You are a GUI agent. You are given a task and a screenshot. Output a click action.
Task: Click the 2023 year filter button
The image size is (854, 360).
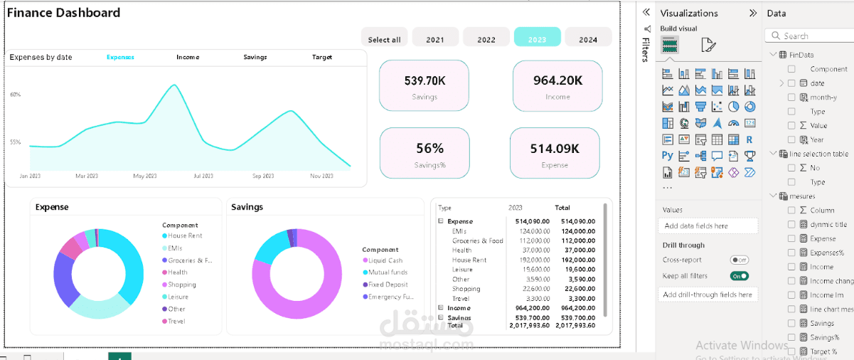coord(537,40)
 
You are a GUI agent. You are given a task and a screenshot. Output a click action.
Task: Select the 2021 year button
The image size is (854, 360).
coord(435,40)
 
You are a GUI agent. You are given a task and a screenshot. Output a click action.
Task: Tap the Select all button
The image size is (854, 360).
coord(384,40)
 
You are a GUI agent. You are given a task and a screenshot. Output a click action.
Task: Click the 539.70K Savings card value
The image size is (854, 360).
coord(425,81)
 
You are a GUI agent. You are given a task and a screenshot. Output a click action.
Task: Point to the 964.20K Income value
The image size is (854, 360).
coord(557,80)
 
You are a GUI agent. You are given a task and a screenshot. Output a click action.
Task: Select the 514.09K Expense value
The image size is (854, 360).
coord(555,149)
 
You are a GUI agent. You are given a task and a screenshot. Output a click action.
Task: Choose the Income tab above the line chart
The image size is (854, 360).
coord(188,57)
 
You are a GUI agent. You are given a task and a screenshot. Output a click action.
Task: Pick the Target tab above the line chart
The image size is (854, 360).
coord(322,57)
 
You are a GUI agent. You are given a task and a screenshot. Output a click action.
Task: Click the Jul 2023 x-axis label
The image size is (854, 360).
coord(203,176)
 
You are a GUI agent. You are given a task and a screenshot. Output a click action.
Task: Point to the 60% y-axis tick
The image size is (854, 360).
coord(16,94)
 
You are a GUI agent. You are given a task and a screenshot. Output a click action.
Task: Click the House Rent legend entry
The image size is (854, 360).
coord(185,235)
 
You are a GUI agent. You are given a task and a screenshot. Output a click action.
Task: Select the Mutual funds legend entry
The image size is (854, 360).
coord(388,272)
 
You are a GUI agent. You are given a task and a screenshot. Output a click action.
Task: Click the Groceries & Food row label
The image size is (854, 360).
coord(477,241)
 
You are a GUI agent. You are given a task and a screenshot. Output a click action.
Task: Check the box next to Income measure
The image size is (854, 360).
coord(792,267)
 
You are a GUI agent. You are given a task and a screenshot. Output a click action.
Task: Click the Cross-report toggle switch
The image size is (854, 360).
coord(740,260)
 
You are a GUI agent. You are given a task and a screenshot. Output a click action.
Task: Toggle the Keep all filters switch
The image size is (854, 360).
coord(740,276)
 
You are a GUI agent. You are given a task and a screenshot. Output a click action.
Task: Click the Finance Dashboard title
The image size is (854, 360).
coord(64,13)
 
